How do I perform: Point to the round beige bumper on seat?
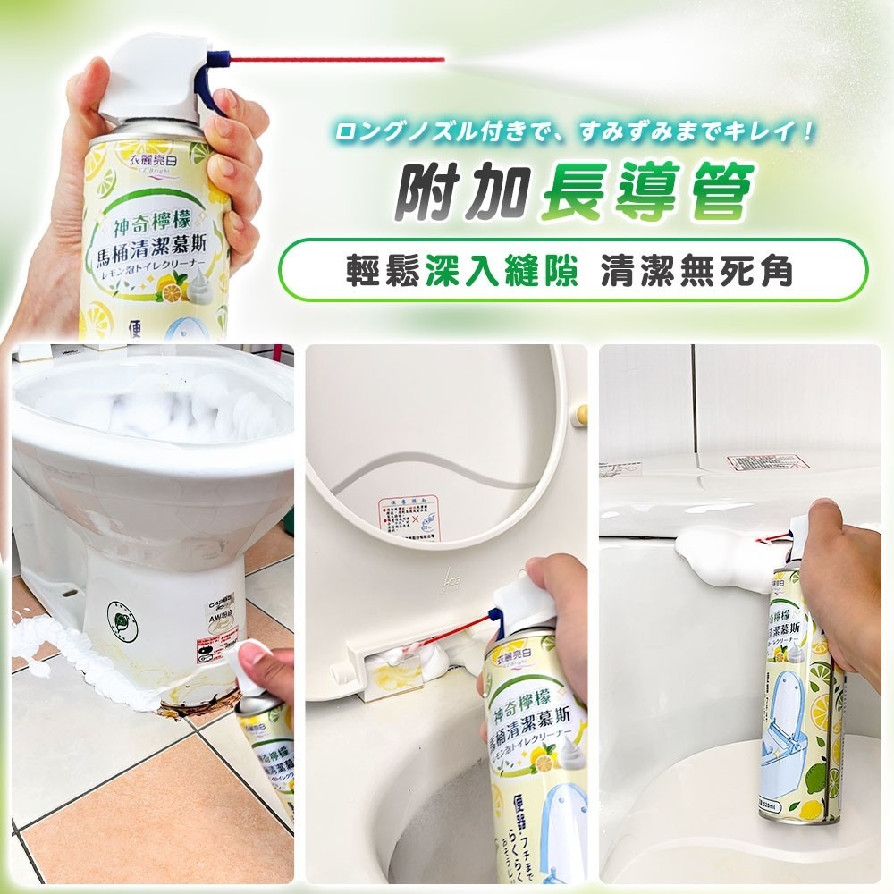(582, 413)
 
